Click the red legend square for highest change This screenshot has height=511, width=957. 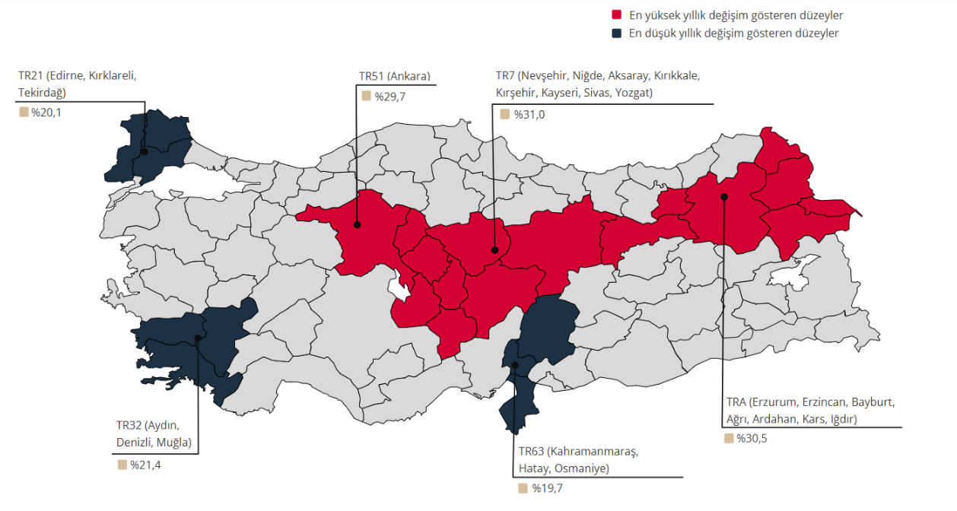(616, 15)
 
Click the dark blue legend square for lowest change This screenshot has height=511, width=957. (616, 33)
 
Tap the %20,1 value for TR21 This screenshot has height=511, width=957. (46, 113)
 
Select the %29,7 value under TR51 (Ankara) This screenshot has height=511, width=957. (389, 96)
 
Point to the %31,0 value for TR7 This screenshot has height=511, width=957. (527, 114)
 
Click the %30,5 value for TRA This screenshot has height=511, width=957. (752, 438)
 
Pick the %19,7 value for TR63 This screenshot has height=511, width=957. (547, 488)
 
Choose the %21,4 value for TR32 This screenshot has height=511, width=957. (145, 465)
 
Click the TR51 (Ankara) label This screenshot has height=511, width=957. (395, 76)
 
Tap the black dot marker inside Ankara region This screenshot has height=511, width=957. (357, 224)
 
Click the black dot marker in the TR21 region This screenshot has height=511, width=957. (144, 152)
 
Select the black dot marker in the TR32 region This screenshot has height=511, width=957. (198, 338)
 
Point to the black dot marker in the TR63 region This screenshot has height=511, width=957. (515, 366)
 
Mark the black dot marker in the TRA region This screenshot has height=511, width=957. (724, 197)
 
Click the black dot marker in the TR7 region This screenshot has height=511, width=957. (494, 249)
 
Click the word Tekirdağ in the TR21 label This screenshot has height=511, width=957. (42, 93)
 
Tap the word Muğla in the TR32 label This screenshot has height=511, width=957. (173, 443)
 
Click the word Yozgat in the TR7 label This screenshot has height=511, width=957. (634, 94)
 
